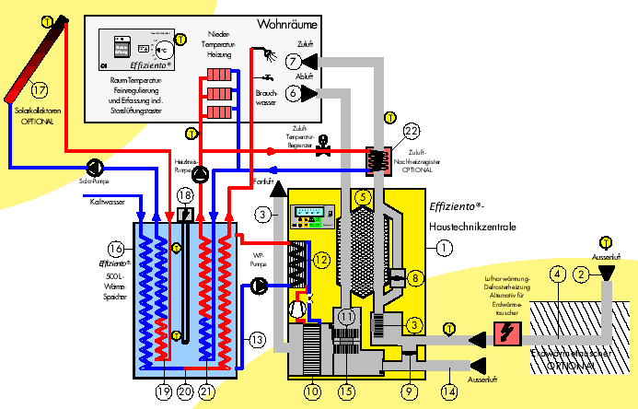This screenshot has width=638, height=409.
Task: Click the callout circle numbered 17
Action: (x=38, y=90)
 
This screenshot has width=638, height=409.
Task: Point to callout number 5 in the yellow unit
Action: (x=364, y=196)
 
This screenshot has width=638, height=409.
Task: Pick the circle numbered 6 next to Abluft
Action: (x=293, y=93)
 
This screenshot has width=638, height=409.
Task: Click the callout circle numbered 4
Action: (x=557, y=272)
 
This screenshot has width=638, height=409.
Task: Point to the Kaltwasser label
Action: (x=108, y=202)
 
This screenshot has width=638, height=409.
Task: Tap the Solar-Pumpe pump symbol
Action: (x=96, y=167)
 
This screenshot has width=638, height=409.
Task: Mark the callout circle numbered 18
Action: (x=185, y=196)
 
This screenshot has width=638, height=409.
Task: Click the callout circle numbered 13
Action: (x=258, y=340)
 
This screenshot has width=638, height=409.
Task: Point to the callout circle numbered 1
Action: (x=446, y=247)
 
